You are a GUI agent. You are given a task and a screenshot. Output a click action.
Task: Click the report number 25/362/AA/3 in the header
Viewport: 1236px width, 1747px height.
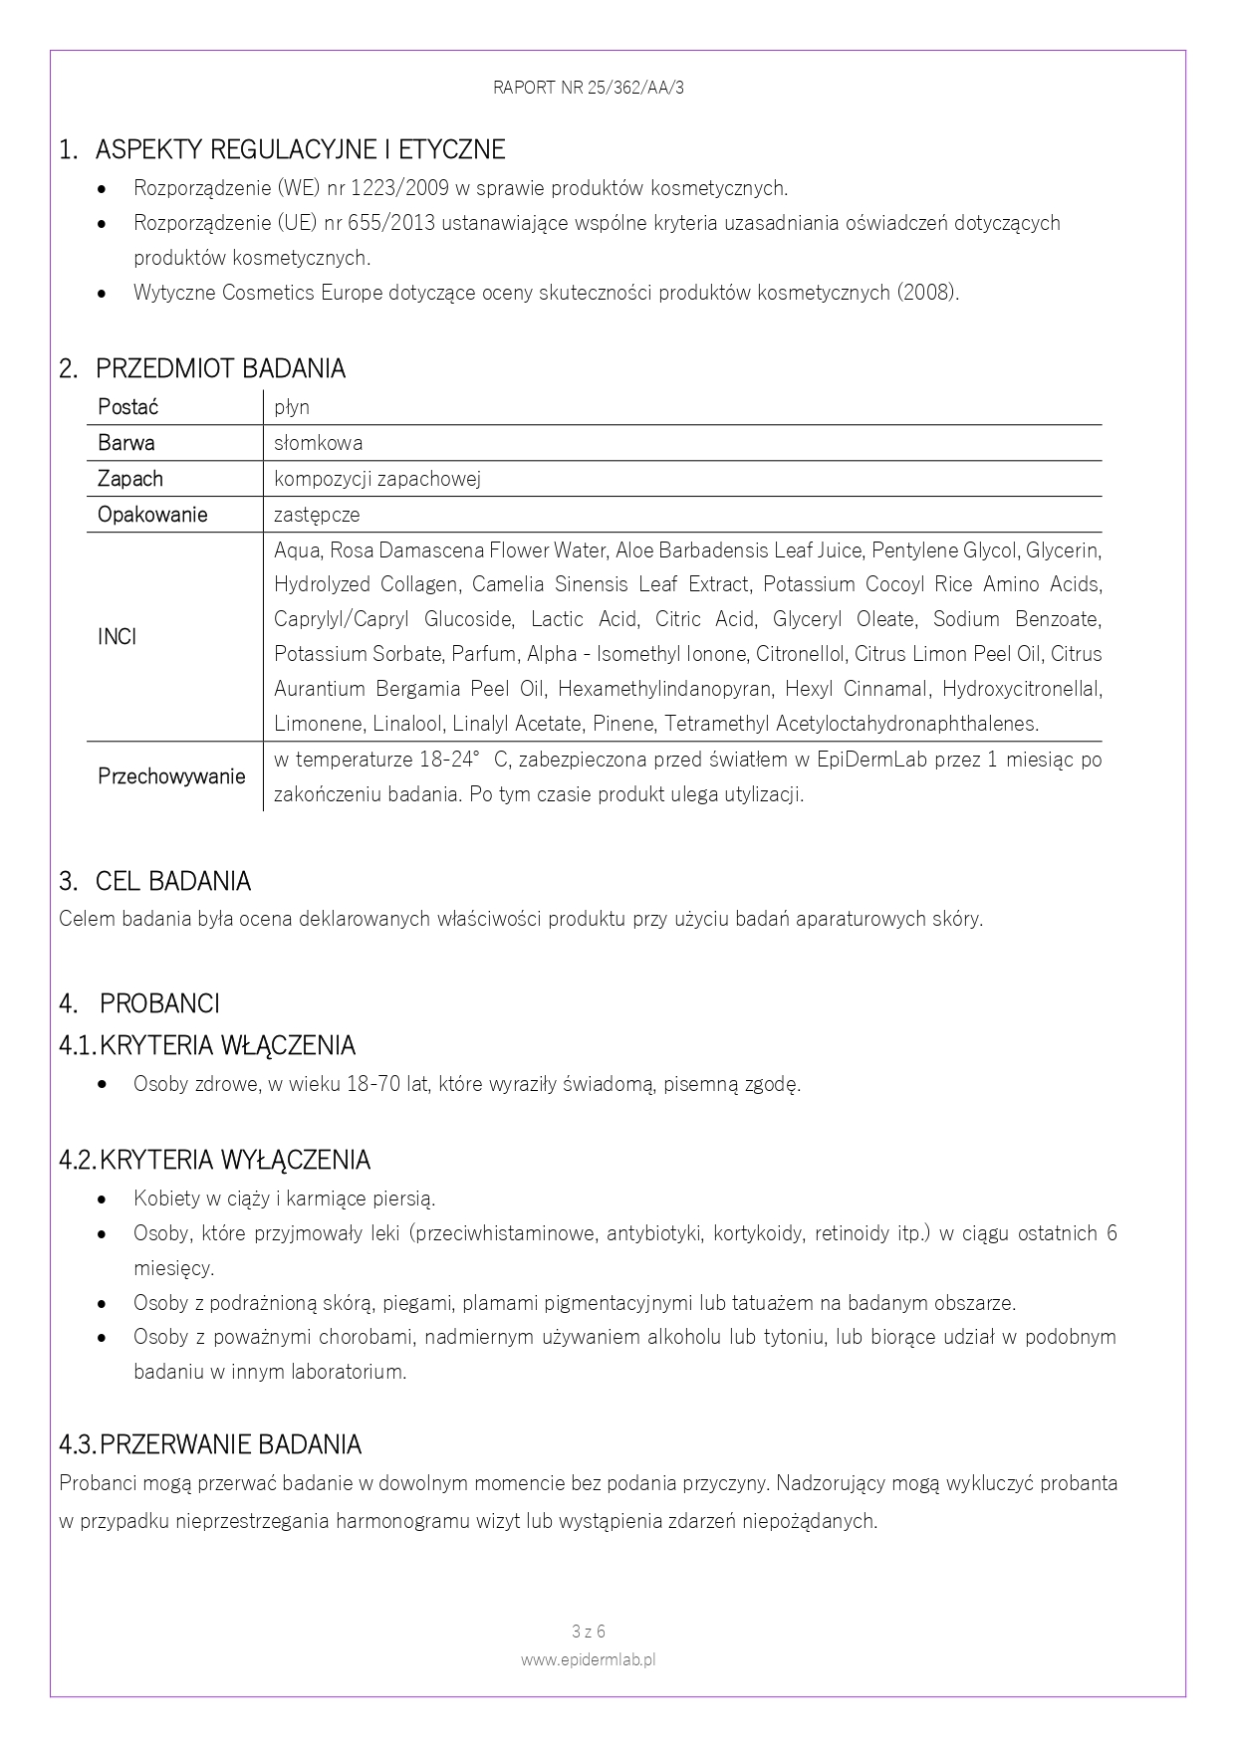click(633, 88)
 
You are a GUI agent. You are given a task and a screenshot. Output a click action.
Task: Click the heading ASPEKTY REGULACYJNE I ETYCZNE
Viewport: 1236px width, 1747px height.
click(300, 150)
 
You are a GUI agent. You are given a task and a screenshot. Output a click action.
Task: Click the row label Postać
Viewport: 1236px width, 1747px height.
click(127, 407)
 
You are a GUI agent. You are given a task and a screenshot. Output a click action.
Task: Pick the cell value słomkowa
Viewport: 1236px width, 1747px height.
click(318, 443)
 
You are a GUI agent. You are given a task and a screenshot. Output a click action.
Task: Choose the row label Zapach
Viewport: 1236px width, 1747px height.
click(129, 479)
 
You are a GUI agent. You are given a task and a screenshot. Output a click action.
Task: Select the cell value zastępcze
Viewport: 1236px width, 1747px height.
click(317, 515)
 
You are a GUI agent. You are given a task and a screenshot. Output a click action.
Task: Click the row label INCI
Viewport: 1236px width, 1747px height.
click(117, 637)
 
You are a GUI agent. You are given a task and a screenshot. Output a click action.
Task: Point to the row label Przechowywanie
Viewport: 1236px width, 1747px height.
click(171, 776)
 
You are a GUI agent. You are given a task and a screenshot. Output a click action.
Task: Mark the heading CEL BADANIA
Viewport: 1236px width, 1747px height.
click(172, 882)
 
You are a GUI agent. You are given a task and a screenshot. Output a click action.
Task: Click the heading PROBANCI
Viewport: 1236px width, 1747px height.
click(159, 1003)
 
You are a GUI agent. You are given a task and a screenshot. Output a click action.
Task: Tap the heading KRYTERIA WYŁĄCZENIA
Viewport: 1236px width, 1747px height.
click(235, 1161)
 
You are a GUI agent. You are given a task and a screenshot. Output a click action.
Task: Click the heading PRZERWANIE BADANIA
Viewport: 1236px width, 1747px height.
click(230, 1444)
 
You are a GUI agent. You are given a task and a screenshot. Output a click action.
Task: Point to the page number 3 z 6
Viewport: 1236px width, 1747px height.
click(589, 1632)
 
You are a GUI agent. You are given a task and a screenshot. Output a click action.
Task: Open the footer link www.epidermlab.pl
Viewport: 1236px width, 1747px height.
click(589, 1659)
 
